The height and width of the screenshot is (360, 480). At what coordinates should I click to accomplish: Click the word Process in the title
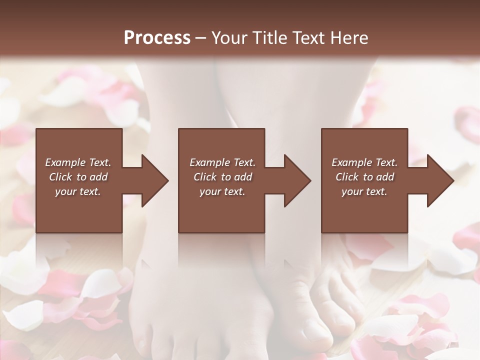point(157,37)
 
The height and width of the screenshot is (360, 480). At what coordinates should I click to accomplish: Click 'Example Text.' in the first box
point(78,162)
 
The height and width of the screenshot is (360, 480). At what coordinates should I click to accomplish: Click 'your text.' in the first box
point(78,191)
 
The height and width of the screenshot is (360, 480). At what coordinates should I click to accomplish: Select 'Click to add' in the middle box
point(222,177)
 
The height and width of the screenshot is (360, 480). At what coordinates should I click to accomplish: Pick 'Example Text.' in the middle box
point(222,162)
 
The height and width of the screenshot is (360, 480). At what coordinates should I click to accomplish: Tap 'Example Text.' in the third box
point(364,162)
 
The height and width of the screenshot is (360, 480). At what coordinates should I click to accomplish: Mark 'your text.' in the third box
point(364,191)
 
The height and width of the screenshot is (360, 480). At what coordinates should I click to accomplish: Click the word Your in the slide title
point(227,37)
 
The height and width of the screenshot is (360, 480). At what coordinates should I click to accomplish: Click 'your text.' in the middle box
point(222,191)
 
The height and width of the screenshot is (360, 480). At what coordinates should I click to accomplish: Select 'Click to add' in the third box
point(364,177)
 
